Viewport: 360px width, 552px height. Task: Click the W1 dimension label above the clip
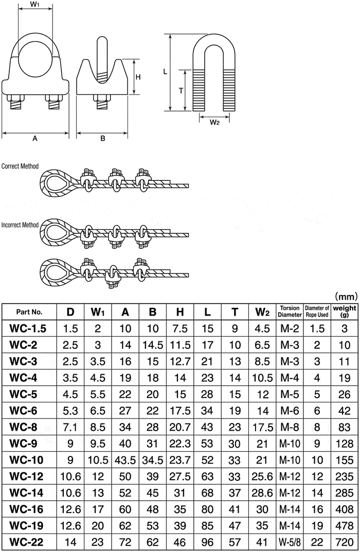click(34, 5)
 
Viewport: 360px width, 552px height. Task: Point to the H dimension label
click(138, 77)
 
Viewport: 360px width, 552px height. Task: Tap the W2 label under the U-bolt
click(214, 122)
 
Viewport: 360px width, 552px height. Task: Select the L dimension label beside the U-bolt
click(165, 71)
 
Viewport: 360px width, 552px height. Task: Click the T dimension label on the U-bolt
click(181, 91)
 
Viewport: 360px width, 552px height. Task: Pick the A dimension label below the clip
click(35, 139)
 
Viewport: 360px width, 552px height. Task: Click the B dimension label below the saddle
click(102, 139)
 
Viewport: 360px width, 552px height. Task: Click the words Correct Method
click(20, 166)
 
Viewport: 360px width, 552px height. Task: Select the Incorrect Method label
click(20, 225)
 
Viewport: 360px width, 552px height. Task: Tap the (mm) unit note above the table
click(346, 297)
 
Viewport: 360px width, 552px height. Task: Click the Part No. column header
click(29, 312)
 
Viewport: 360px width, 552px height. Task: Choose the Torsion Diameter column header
click(290, 311)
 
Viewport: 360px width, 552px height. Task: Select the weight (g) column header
click(345, 311)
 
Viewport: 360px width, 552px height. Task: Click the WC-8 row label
click(23, 427)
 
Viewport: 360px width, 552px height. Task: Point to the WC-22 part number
click(26, 542)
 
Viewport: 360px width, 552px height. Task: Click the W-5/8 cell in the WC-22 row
click(290, 542)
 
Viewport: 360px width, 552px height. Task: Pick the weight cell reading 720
click(345, 542)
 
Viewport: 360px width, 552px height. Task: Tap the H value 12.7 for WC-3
click(180, 361)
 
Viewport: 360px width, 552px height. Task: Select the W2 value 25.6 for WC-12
click(262, 476)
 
